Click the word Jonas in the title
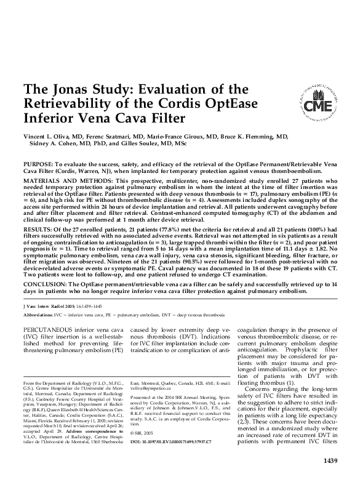[81, 89]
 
